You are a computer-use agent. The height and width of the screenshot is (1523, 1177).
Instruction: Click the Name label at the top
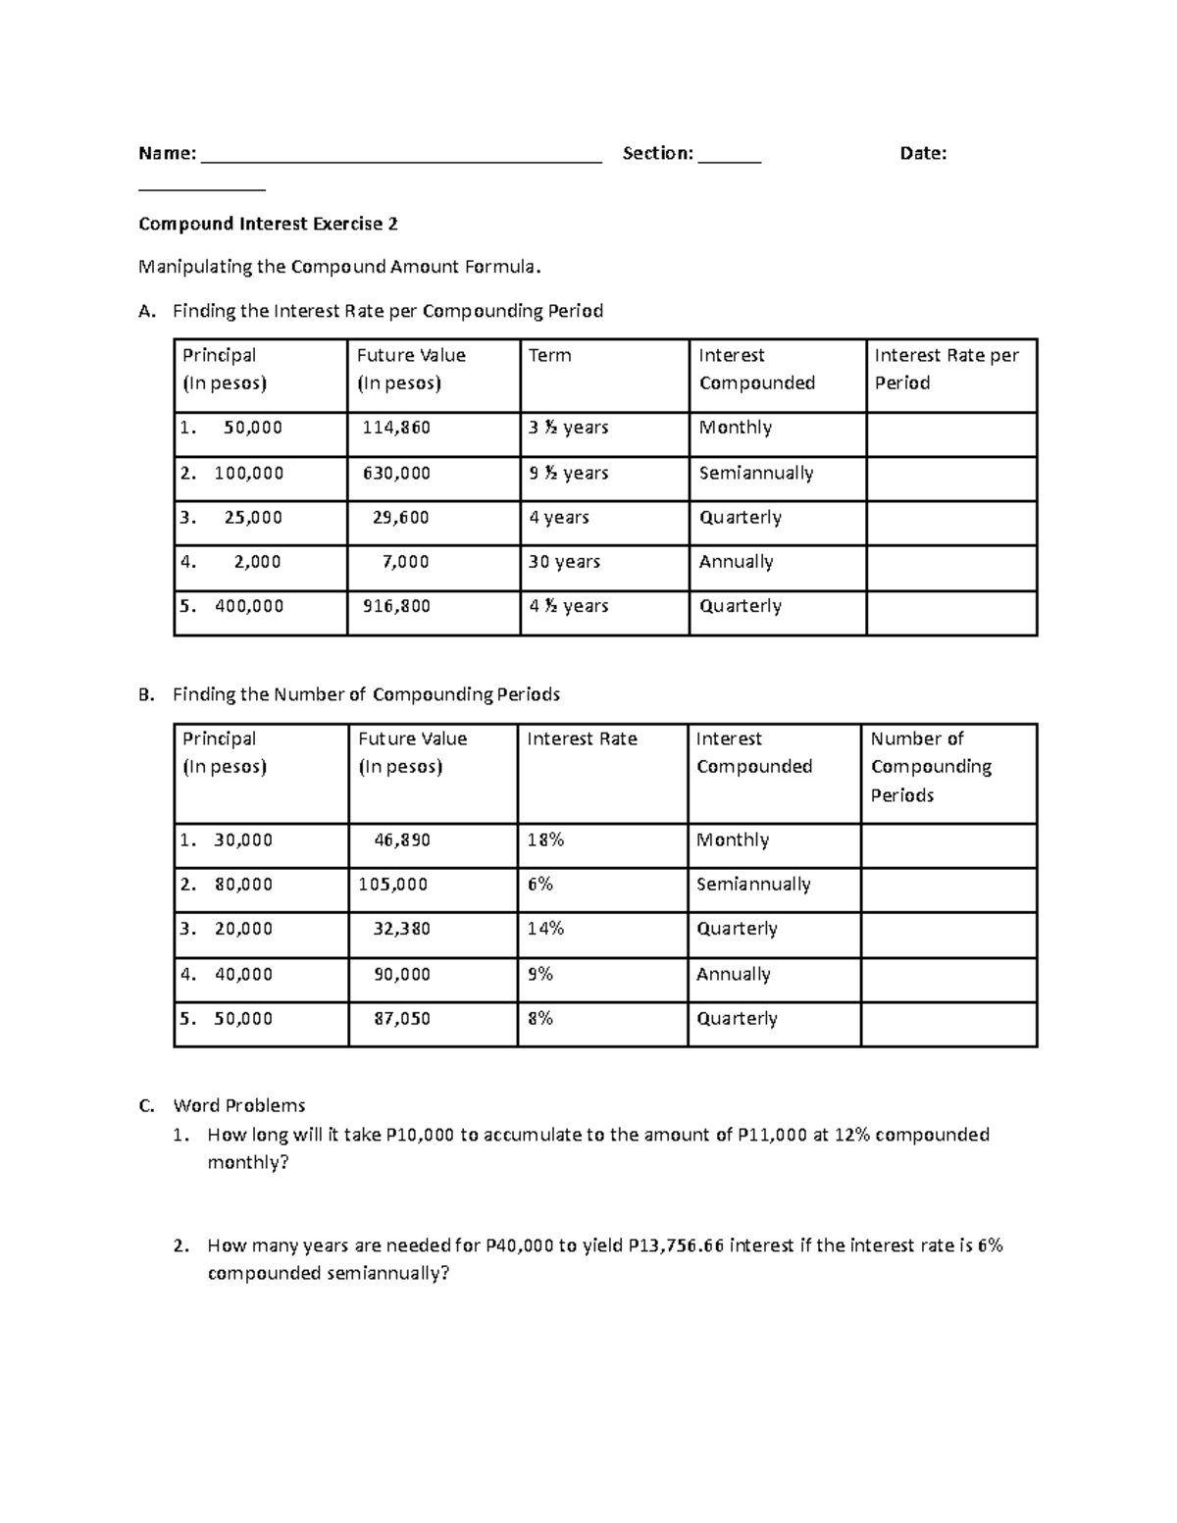point(166,153)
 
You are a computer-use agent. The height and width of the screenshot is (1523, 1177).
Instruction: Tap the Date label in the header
point(923,153)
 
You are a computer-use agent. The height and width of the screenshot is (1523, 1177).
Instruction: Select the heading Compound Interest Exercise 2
point(268,224)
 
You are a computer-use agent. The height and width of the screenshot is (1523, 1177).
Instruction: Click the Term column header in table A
point(549,355)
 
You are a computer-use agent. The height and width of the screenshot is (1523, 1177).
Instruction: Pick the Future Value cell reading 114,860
point(396,428)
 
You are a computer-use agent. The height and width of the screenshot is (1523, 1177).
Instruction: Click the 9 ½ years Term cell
point(569,473)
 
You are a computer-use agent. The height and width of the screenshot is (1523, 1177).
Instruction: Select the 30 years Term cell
point(564,562)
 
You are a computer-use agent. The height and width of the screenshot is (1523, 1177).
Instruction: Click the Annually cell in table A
point(736,562)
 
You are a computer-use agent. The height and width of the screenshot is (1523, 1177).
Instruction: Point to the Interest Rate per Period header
point(947,369)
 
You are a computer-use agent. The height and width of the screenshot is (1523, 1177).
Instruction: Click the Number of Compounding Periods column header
point(931,767)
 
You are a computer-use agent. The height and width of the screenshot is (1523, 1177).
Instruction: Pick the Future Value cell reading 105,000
point(392,885)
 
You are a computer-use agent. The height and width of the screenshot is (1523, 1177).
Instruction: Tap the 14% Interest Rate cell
point(545,929)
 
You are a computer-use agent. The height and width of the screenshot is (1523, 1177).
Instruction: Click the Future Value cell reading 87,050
point(402,1019)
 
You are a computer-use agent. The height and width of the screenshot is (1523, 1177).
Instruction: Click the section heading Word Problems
point(239,1105)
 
